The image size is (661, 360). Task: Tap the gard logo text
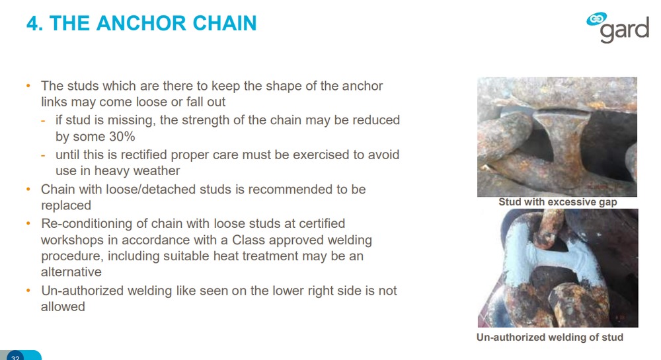[x=625, y=30]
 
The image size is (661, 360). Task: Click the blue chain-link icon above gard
[x=596, y=19]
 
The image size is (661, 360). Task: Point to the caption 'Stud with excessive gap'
[x=557, y=202]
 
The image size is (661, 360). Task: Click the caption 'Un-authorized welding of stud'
[x=550, y=338]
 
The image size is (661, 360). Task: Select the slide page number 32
[x=15, y=357]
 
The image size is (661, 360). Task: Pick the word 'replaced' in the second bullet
[x=65, y=205]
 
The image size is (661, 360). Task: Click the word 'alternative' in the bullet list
[x=71, y=272]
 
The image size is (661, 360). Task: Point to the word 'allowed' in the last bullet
[x=63, y=306]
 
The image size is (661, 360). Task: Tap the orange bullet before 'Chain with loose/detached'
[x=28, y=189]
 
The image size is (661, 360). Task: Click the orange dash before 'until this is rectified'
[x=43, y=155]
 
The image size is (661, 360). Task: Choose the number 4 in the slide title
[x=32, y=24]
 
